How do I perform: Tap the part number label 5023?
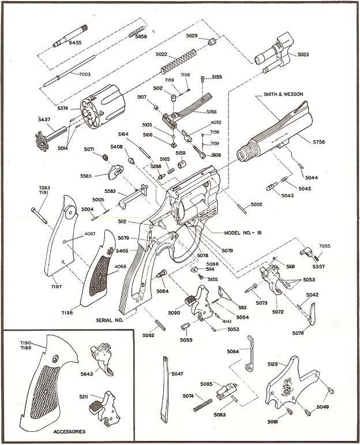point(305,55)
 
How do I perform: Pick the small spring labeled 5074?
point(198,403)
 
